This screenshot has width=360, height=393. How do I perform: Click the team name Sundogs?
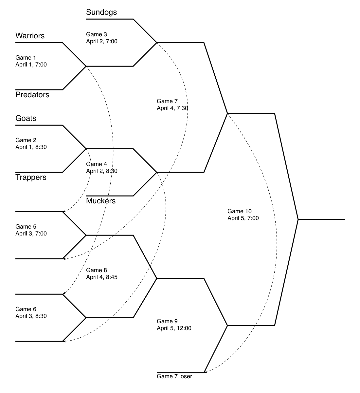click(101, 12)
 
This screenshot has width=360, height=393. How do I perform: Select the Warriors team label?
click(30, 36)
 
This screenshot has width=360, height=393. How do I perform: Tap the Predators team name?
click(32, 95)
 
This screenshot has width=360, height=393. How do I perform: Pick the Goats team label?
click(26, 119)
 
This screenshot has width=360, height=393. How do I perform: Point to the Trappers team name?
click(31, 178)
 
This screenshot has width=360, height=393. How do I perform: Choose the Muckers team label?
click(101, 201)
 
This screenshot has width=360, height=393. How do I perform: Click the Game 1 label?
click(26, 58)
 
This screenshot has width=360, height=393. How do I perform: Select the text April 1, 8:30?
click(31, 147)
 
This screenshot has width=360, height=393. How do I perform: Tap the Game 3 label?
click(97, 34)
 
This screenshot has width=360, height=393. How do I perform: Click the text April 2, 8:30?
click(102, 171)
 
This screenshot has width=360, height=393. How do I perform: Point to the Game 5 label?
click(26, 227)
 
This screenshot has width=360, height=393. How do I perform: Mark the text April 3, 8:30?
click(31, 316)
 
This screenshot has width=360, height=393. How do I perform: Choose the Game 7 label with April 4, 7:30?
click(167, 101)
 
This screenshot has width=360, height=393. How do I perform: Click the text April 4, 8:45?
click(102, 277)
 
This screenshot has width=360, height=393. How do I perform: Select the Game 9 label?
click(167, 321)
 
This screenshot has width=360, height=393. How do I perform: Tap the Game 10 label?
click(240, 211)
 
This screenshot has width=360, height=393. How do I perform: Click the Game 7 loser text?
click(174, 377)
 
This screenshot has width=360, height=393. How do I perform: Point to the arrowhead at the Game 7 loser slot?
click(205, 372)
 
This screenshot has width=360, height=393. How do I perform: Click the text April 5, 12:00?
click(174, 328)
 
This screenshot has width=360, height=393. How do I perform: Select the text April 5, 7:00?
click(243, 218)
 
